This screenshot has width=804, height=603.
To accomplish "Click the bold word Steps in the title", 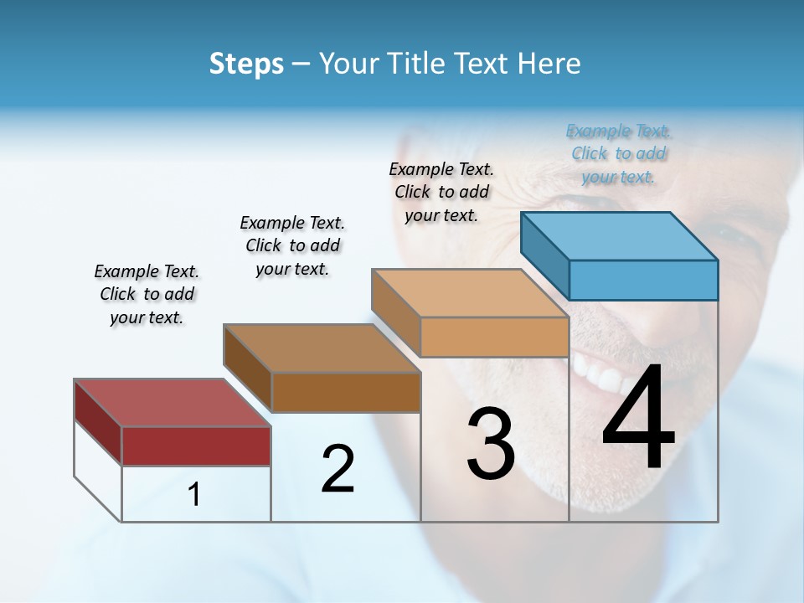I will coord(246,64).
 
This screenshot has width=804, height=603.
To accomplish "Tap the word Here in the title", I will coord(549,64).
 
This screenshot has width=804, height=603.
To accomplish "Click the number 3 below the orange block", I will coord(491,444).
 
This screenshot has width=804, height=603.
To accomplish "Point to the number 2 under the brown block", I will coord(338,469).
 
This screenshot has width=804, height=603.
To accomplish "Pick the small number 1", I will coord(194,494).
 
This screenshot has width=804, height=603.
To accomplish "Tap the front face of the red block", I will coord(196,446).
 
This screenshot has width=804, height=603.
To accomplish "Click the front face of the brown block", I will coord(346,392).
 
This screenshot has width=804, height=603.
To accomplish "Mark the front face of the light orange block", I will coord(494,338).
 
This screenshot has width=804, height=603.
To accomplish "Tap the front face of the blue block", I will coord(643,280).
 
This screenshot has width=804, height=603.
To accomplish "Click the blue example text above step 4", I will coord(618,154).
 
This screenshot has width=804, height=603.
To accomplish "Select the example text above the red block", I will coord(147,294).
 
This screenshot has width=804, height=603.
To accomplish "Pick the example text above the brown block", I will coord(292,245).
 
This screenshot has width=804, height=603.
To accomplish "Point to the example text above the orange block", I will coord(441,192).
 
